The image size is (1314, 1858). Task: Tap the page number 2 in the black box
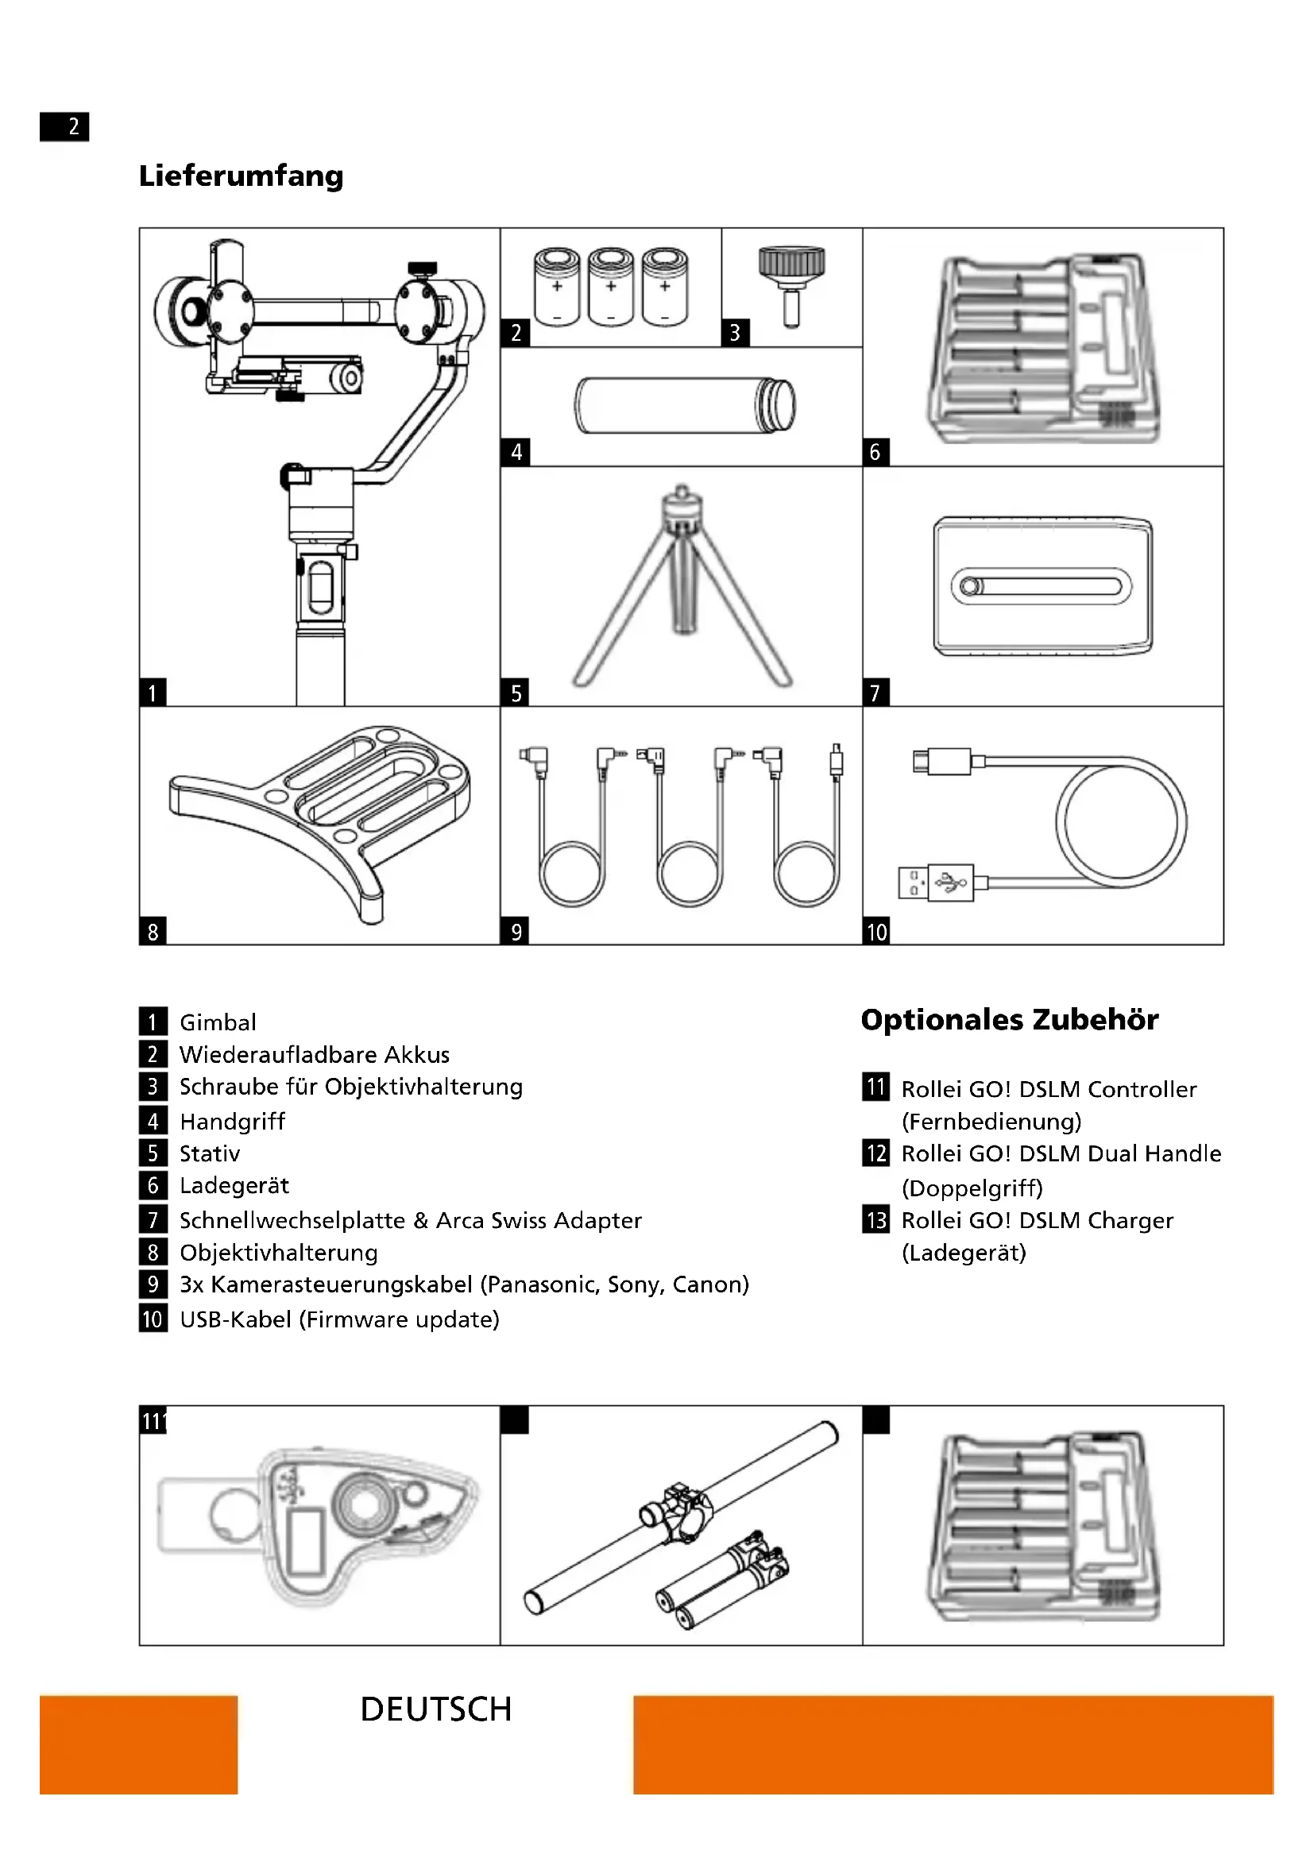click(73, 126)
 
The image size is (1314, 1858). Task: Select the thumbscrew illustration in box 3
click(791, 284)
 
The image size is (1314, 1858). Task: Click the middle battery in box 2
click(611, 287)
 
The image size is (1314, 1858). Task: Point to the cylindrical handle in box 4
click(684, 404)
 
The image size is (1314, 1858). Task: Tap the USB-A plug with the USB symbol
click(935, 882)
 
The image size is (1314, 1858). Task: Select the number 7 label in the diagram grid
click(875, 693)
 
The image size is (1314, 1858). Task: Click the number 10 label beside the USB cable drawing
click(876, 933)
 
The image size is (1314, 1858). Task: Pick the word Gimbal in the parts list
click(218, 1022)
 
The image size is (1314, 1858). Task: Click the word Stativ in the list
click(210, 1153)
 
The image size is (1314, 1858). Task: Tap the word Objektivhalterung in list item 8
click(278, 1253)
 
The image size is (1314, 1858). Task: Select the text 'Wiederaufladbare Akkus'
click(314, 1054)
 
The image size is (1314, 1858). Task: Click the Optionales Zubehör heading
click(1009, 1020)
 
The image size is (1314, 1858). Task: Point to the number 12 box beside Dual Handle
click(876, 1153)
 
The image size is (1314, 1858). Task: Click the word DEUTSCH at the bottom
click(435, 1709)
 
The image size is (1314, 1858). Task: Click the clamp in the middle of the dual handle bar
click(682, 1509)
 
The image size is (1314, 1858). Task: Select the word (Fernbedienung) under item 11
click(991, 1122)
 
